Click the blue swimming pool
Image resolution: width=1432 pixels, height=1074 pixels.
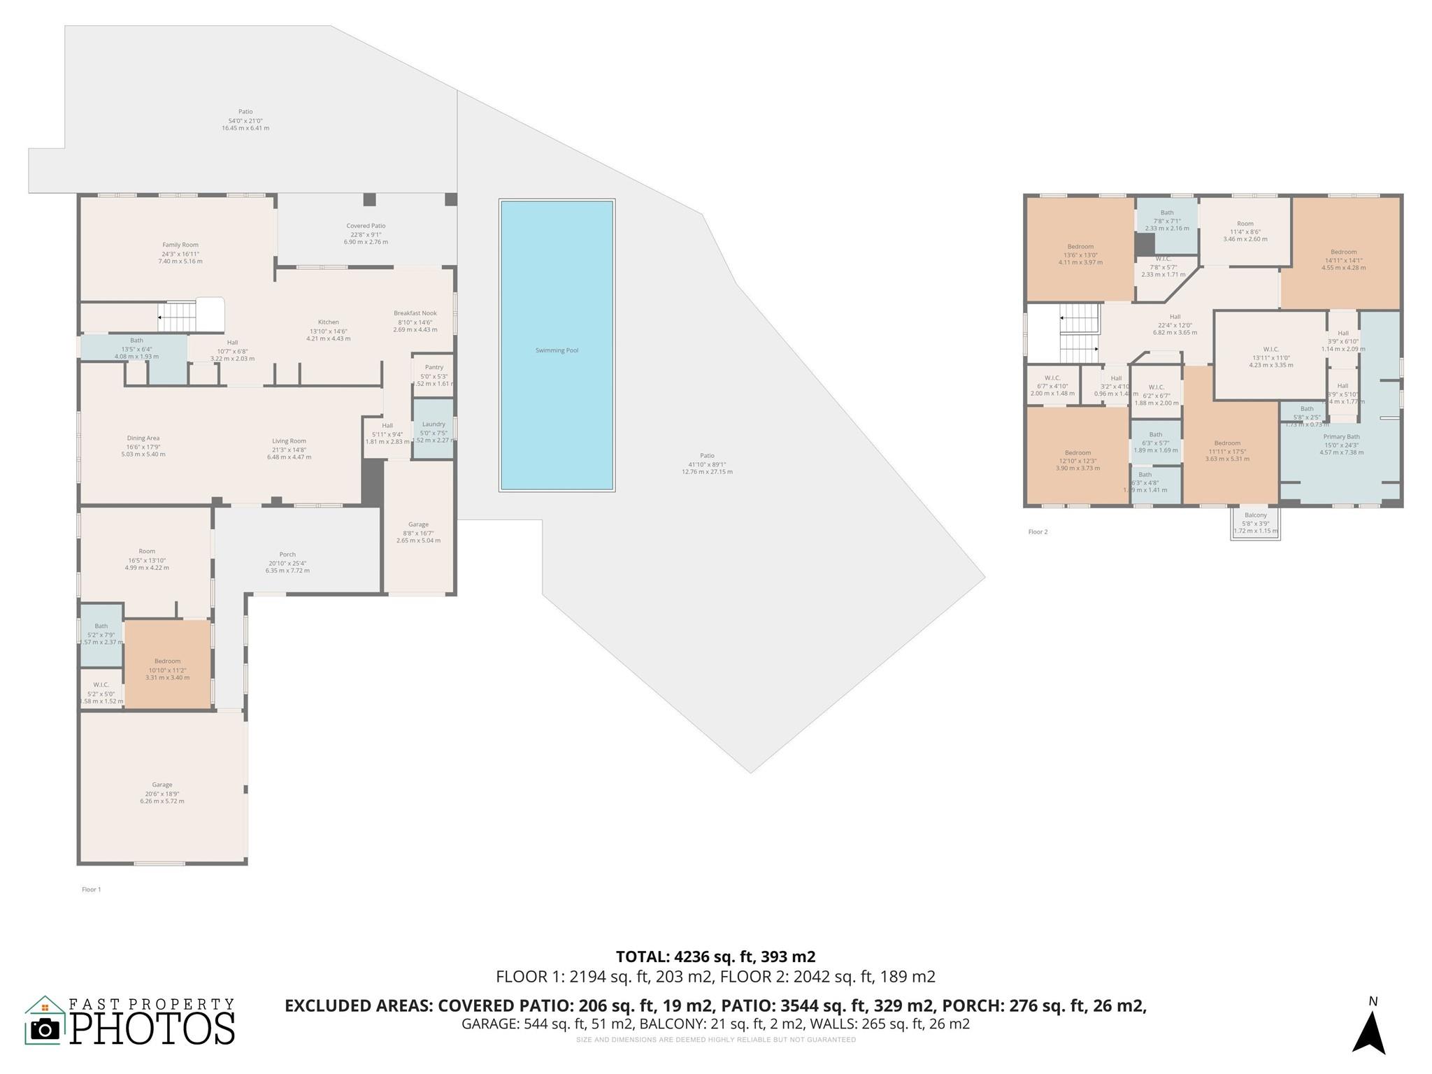[x=557, y=345]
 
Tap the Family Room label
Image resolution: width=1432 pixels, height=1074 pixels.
[x=180, y=245]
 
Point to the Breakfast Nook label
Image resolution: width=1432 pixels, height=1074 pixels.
[x=415, y=313]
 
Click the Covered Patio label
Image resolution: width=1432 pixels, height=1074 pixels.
[x=366, y=226]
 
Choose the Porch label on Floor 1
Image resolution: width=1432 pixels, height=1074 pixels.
[x=287, y=554]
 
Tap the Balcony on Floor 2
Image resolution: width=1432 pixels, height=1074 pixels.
[x=1255, y=523]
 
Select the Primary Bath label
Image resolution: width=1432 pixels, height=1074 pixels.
[x=1340, y=436]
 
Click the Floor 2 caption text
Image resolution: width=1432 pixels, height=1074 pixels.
[x=1038, y=532]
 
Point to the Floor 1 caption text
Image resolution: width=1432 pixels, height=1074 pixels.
[x=92, y=889]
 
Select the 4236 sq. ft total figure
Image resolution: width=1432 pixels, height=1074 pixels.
[x=715, y=957]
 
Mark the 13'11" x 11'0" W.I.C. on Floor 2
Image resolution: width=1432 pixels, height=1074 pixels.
[x=1270, y=356]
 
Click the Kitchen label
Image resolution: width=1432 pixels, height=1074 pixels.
[x=328, y=322]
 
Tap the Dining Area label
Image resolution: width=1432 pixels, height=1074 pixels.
[x=143, y=438]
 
